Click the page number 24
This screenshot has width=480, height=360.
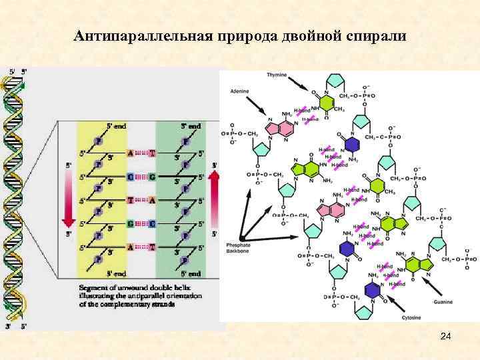coord(446,338)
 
